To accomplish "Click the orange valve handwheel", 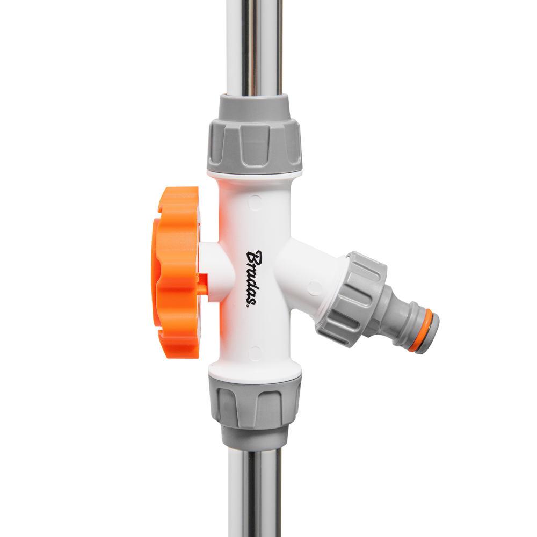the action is click(x=176, y=272).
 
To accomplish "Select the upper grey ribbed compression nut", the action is click(x=254, y=145).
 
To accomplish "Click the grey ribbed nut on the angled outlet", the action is click(x=351, y=298).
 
